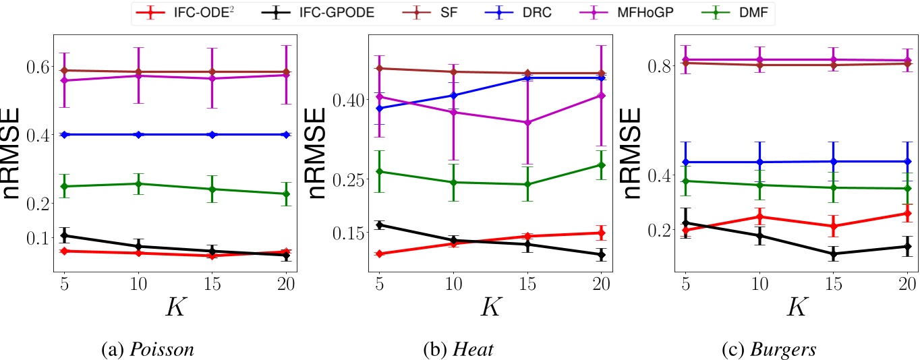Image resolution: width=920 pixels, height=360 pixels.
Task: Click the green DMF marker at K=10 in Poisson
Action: tap(138, 184)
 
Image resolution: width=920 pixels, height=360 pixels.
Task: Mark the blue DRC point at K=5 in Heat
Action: tap(380, 108)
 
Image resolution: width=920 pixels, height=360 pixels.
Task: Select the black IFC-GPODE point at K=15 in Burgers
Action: tap(833, 254)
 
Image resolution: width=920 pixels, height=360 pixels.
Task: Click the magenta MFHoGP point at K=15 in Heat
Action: tap(527, 123)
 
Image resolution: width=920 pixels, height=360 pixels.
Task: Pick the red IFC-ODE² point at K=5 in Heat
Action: tap(380, 253)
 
